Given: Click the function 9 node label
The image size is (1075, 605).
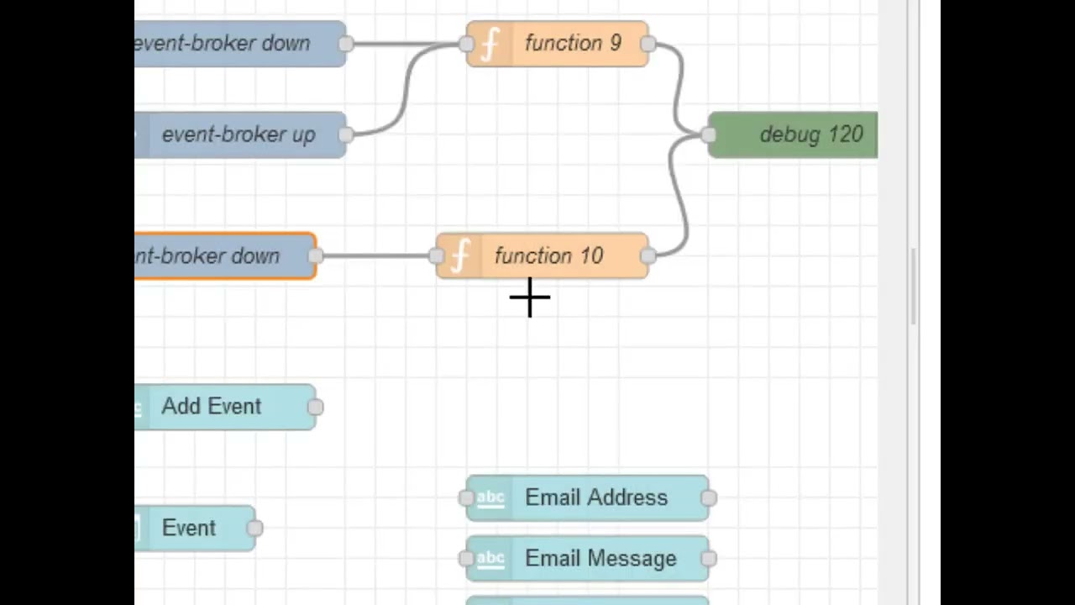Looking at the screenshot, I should click(x=573, y=44).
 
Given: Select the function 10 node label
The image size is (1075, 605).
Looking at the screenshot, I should click(x=548, y=256).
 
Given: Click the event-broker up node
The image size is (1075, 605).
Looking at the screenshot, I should click(x=239, y=134).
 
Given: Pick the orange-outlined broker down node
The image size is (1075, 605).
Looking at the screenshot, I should click(x=218, y=256).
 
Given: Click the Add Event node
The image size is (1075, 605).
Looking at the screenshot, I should click(x=211, y=407).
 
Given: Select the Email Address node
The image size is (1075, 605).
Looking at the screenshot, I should click(x=595, y=497).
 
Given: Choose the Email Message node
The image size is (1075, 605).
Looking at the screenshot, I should click(x=600, y=559).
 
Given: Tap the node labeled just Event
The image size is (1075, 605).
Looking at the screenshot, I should click(x=189, y=528).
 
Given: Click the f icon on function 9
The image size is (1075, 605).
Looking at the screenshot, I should click(x=490, y=44).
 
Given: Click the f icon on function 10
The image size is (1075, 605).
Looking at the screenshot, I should click(x=460, y=256).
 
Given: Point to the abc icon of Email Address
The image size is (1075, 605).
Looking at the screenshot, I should click(x=490, y=497).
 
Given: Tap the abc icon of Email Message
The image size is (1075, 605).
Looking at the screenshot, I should click(x=490, y=559).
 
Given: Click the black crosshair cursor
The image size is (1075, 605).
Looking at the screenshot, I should click(x=530, y=297).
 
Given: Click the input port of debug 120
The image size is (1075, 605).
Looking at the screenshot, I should click(x=709, y=134).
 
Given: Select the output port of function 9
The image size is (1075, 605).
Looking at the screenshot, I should click(x=648, y=44).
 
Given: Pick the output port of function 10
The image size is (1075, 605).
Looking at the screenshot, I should click(x=648, y=256).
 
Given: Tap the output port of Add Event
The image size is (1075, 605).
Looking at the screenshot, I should click(x=315, y=407).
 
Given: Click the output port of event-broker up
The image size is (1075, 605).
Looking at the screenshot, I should click(x=346, y=134).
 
